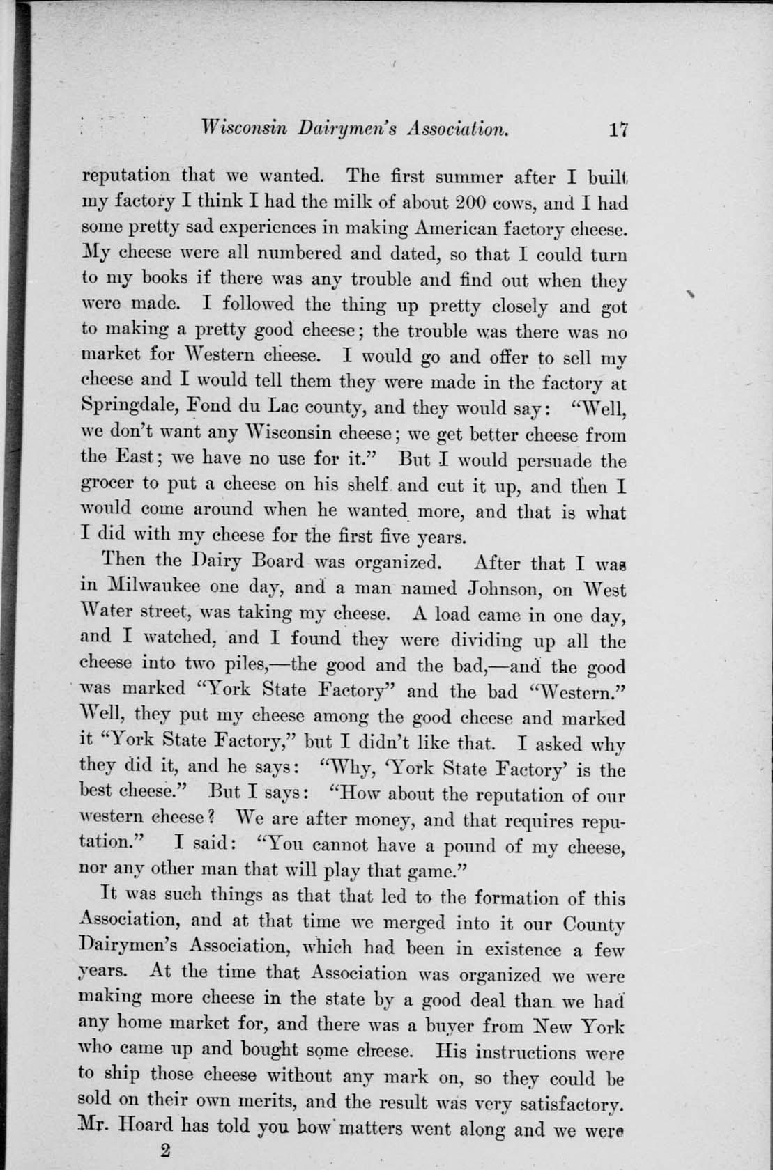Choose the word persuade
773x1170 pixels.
tap(549, 461)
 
